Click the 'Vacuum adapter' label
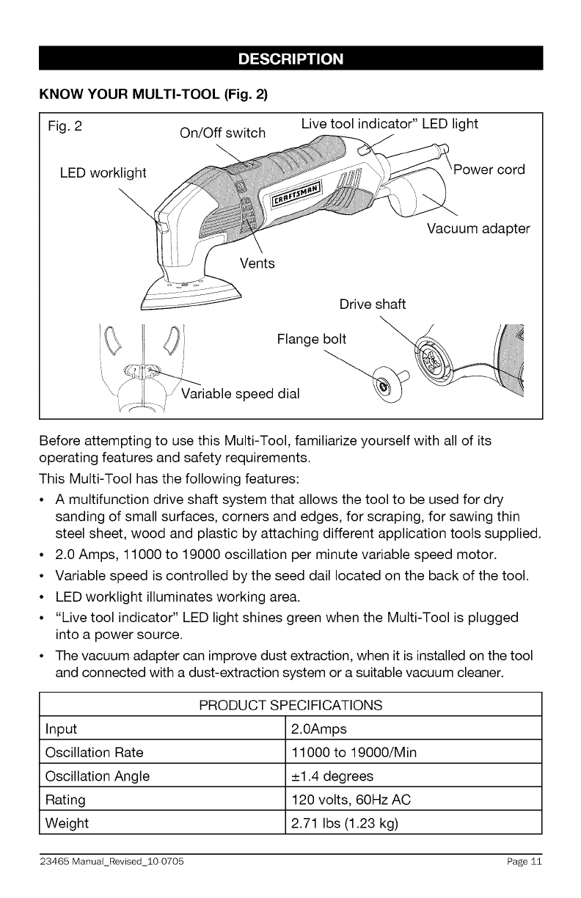(x=478, y=228)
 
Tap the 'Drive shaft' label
(x=372, y=304)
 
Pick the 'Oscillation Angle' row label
(x=97, y=776)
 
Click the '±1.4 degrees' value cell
(x=332, y=776)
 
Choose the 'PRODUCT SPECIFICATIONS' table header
(x=290, y=705)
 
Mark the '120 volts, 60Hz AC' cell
(x=348, y=800)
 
